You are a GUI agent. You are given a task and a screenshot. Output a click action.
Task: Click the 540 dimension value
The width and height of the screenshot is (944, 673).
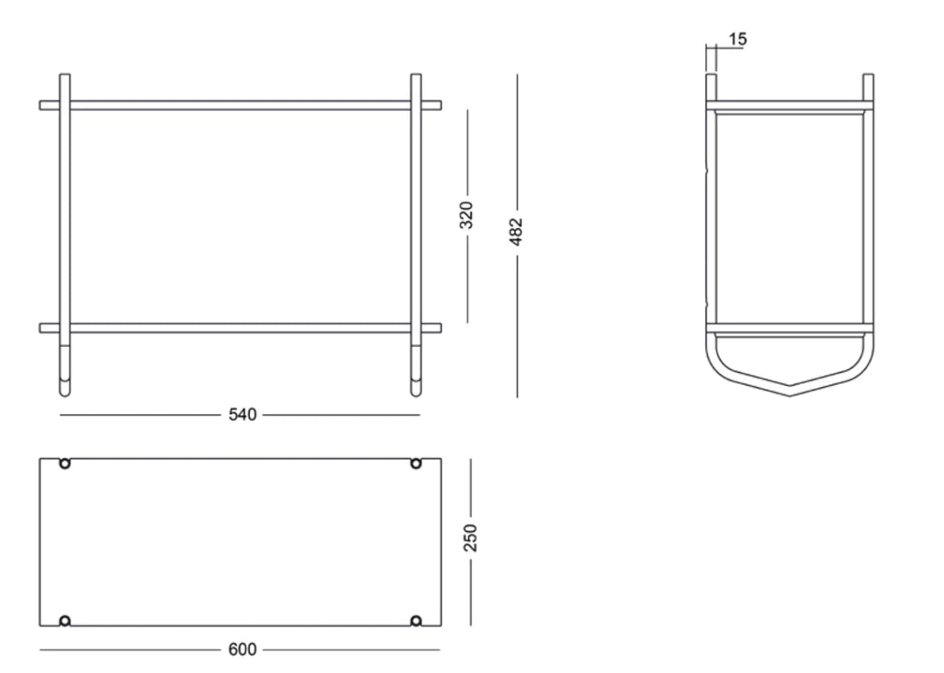coord(242,416)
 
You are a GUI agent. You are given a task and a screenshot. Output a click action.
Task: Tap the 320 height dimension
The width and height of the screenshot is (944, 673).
coord(467,215)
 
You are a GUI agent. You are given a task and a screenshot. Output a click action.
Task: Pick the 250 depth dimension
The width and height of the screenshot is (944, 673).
coord(471,538)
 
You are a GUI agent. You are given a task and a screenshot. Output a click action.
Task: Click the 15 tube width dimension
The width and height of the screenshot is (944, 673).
coord(737,39)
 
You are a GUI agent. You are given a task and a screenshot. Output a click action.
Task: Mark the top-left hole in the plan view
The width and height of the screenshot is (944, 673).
coord(65,463)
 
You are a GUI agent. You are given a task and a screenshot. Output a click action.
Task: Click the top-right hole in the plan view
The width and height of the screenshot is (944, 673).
coord(416,463)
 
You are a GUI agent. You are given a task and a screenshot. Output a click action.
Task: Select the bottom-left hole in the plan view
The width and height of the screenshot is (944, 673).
coord(65,621)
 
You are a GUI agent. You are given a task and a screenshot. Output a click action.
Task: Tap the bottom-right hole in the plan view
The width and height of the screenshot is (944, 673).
coord(416,621)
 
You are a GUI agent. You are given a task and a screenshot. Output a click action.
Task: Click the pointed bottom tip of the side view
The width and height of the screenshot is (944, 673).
coord(789,395)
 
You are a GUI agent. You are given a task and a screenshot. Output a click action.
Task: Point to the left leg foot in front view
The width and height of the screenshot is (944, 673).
coord(65,391)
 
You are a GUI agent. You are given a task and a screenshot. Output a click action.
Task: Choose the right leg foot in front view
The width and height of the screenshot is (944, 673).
coord(416,391)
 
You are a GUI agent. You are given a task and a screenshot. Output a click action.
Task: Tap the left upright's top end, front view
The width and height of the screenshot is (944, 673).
coord(65,77)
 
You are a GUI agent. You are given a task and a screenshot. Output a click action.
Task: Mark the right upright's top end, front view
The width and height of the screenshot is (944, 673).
coord(416,77)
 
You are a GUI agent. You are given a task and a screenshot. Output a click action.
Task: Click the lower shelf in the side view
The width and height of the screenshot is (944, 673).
coord(789,328)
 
